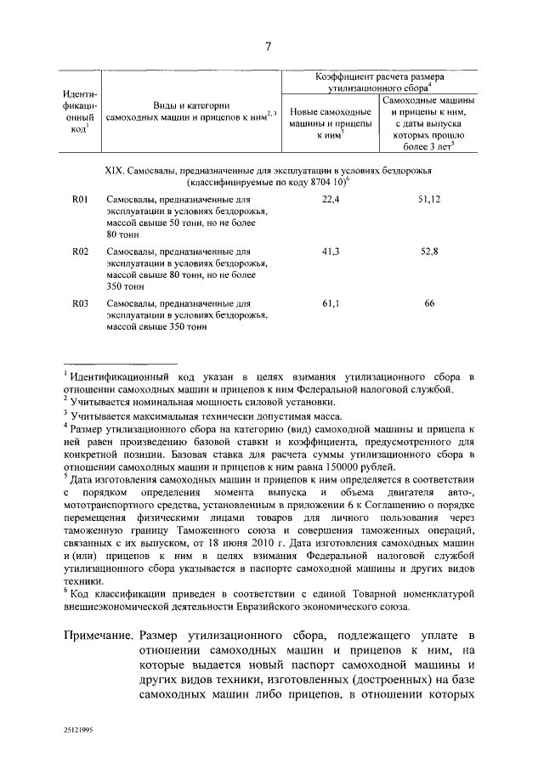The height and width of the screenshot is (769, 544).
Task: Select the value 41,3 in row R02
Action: coord(331,251)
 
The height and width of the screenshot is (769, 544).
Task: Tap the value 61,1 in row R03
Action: coord(331,303)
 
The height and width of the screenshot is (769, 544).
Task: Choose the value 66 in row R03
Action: coord(429,303)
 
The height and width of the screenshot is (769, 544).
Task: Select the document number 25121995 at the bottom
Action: coord(79,729)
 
